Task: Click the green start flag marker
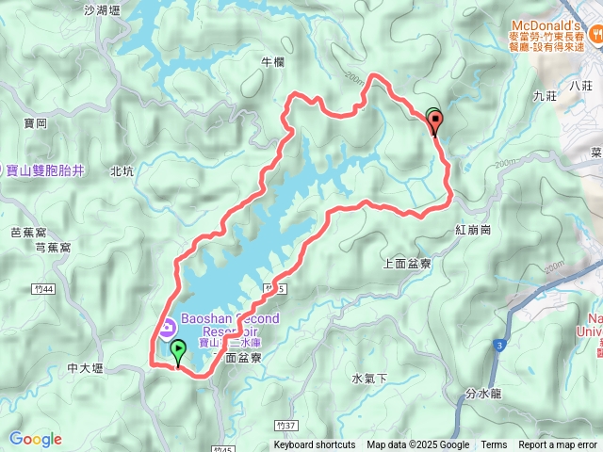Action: (178, 352)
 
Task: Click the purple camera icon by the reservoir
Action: (167, 328)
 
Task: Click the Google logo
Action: (35, 439)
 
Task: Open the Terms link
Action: (494, 445)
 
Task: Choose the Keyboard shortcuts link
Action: (315, 445)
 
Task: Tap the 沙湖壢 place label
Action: (103, 11)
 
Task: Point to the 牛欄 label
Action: (271, 62)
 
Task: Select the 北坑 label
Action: (122, 171)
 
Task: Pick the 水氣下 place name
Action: (369, 379)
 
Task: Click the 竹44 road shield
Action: (39, 288)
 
